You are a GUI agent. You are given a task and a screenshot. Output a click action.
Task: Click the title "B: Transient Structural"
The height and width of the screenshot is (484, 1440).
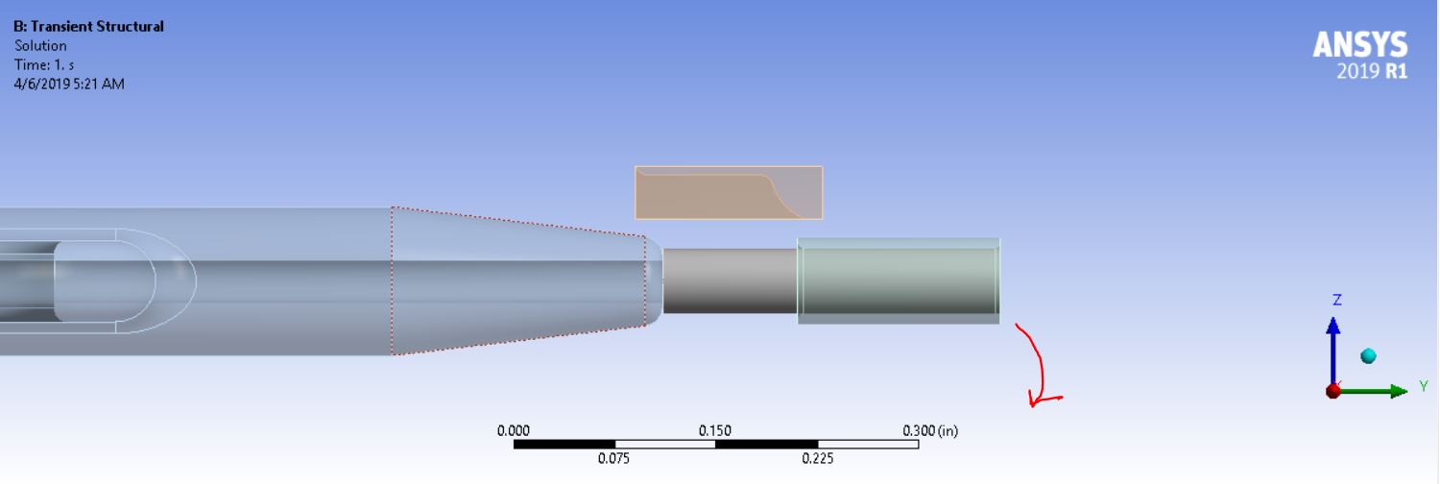(x=88, y=26)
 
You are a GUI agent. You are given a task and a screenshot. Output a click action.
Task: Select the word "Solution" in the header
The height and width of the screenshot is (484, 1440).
(x=40, y=46)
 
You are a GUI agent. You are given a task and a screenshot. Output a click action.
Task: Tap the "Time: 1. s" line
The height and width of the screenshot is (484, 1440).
(x=44, y=65)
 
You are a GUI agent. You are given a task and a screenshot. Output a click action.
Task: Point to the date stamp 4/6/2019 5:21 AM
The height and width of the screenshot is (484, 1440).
(x=69, y=85)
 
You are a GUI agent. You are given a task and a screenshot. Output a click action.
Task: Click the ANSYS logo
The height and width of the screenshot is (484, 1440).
(x=1360, y=45)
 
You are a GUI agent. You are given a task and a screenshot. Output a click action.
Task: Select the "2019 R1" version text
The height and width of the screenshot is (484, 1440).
(x=1372, y=71)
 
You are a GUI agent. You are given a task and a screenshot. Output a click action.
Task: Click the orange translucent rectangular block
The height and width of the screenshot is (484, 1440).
(x=729, y=193)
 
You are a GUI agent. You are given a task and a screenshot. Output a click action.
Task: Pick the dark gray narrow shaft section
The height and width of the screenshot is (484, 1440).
(x=731, y=280)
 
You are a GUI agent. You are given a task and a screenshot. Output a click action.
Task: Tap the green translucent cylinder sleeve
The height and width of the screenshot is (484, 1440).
(x=899, y=280)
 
